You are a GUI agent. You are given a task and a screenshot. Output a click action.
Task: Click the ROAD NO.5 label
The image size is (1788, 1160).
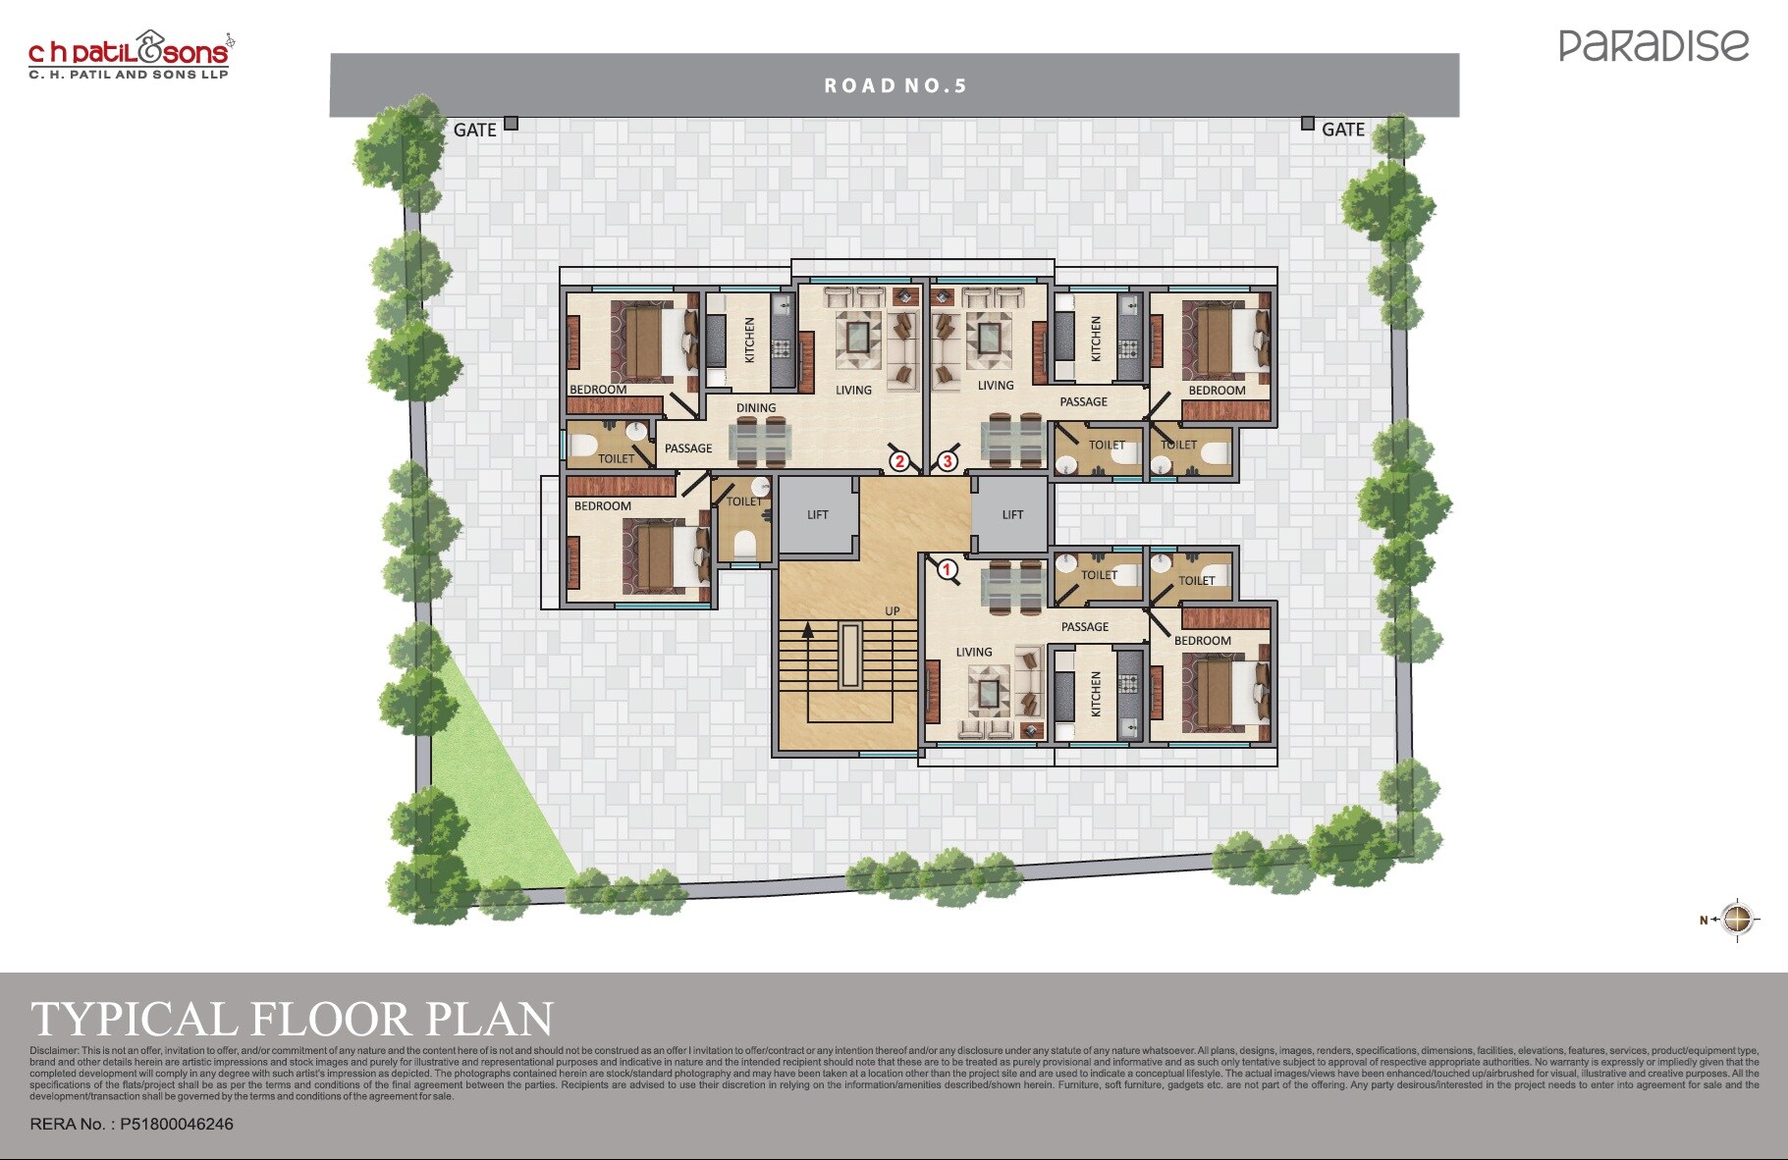pyautogui.click(x=895, y=86)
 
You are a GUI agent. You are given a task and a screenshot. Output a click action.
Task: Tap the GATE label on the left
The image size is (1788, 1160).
pyautogui.click(x=474, y=130)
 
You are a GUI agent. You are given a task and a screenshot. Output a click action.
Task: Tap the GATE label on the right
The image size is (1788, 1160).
pyautogui.click(x=1342, y=130)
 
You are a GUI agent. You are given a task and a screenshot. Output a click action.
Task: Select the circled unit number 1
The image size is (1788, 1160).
pyautogui.click(x=948, y=569)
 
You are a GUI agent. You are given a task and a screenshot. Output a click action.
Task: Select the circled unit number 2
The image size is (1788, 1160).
pyautogui.click(x=899, y=461)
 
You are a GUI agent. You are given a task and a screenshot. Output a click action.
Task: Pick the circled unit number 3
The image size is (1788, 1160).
pyautogui.click(x=948, y=461)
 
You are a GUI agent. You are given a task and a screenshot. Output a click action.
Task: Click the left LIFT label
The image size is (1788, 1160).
pyautogui.click(x=818, y=514)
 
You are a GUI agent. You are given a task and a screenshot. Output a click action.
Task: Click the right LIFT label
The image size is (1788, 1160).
pyautogui.click(x=1012, y=514)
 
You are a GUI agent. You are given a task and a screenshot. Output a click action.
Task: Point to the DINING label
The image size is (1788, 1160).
pyautogui.click(x=756, y=408)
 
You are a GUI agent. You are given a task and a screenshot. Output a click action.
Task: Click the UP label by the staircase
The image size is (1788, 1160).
pyautogui.click(x=892, y=610)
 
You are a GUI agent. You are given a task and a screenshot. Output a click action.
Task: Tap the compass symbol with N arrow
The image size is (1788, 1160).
pyautogui.click(x=1736, y=920)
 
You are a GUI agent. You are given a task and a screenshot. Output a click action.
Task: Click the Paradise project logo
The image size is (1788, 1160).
pyautogui.click(x=1653, y=45)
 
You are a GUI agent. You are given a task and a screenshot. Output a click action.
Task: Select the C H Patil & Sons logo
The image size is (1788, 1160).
pyautogui.click(x=130, y=55)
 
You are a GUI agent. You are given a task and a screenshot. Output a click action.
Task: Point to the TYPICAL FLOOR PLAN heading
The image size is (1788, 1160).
pyautogui.click(x=293, y=1019)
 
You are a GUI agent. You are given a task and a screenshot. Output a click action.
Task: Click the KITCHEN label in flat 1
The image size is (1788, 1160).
pyautogui.click(x=1097, y=694)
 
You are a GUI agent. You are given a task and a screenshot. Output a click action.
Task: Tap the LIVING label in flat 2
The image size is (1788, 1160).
pyautogui.click(x=853, y=390)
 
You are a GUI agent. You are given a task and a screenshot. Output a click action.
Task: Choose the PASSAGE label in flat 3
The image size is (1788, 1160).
pyautogui.click(x=1083, y=401)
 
